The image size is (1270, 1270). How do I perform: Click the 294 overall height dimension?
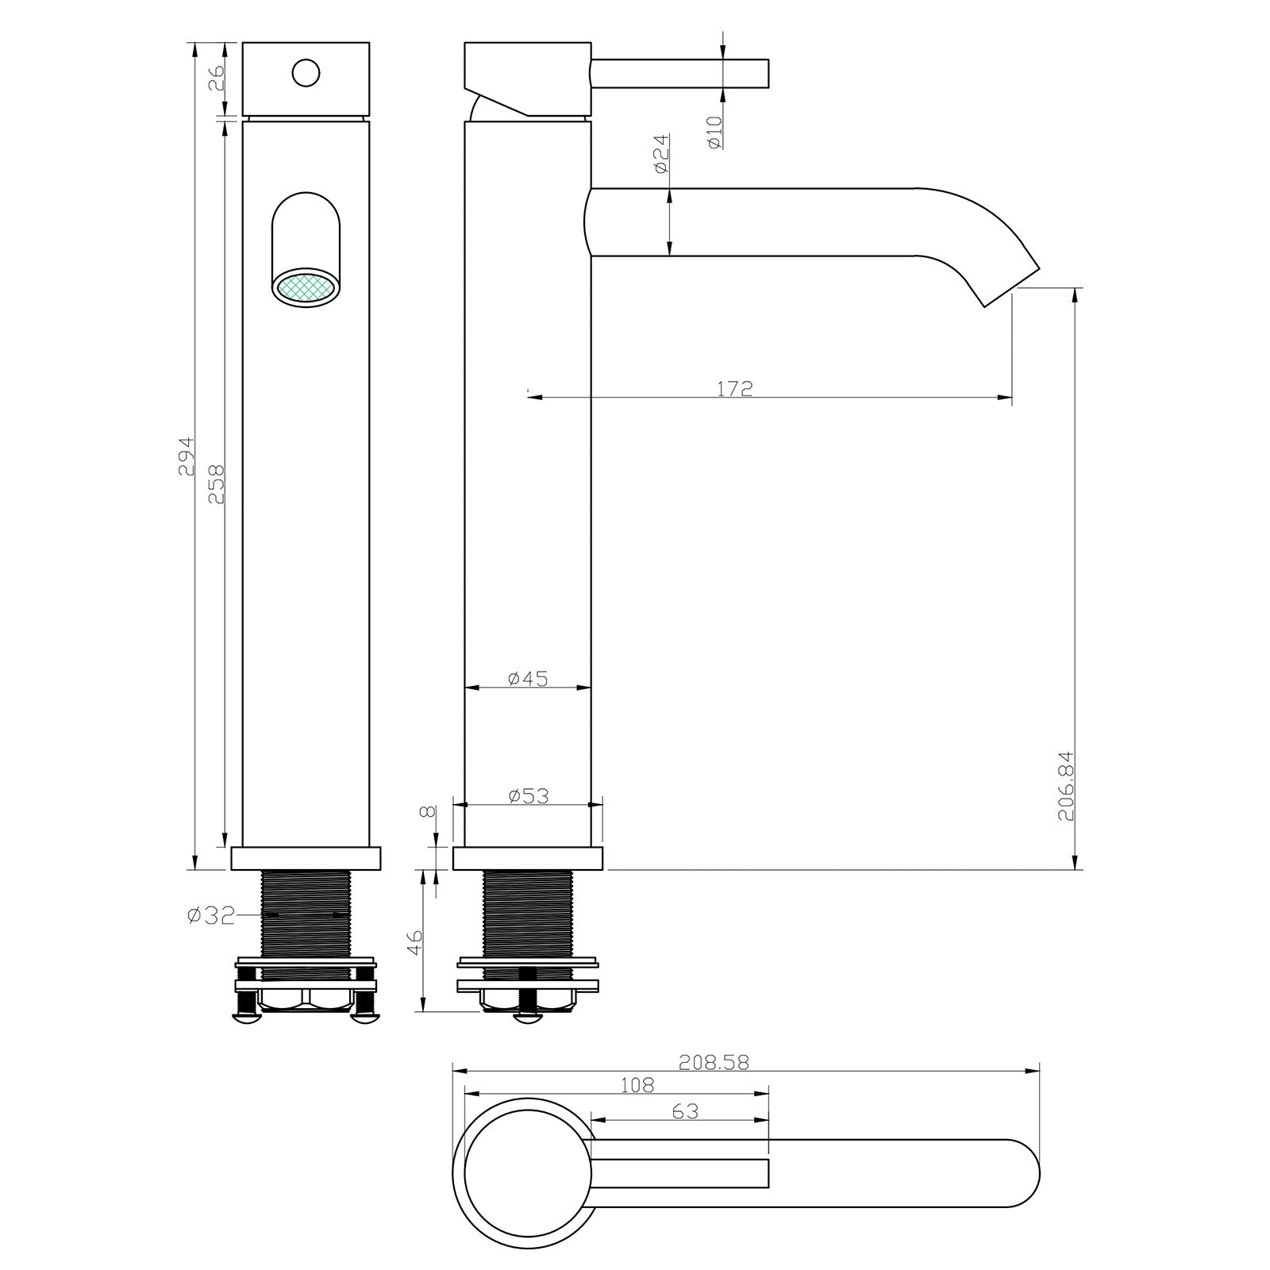click(185, 456)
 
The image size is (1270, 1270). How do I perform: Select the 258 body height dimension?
click(216, 484)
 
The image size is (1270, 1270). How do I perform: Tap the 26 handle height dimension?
click(217, 80)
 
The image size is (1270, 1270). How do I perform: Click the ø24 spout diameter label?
click(660, 154)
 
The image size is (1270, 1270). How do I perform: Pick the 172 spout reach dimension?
click(734, 388)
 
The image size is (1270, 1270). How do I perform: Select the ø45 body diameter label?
click(528, 678)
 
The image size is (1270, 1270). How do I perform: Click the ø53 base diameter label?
click(528, 795)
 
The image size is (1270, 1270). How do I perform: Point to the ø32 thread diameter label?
click(212, 915)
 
